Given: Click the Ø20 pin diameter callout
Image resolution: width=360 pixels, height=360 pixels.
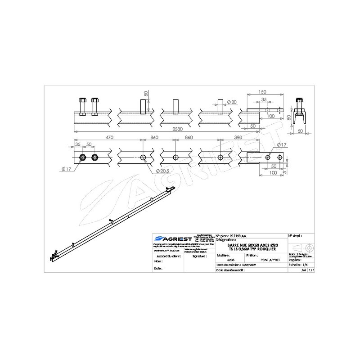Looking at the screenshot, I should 232,102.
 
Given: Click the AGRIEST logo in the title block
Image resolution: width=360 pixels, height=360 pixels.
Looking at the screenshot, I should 168,238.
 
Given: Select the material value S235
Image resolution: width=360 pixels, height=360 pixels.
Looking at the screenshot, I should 232,260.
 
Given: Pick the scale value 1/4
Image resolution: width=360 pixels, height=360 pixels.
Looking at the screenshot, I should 306,265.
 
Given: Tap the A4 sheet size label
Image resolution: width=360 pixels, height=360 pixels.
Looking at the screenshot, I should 303,271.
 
